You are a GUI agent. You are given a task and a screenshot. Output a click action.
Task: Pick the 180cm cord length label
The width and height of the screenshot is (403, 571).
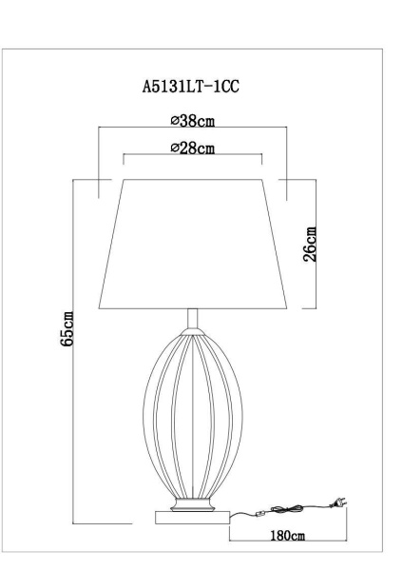[286, 538]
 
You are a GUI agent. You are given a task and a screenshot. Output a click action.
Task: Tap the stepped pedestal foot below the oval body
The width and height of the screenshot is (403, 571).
[194, 502]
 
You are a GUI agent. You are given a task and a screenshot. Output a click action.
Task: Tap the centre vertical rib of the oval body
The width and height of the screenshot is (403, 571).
[194, 400]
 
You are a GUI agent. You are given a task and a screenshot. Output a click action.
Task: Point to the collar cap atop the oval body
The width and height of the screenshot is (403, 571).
[194, 330]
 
